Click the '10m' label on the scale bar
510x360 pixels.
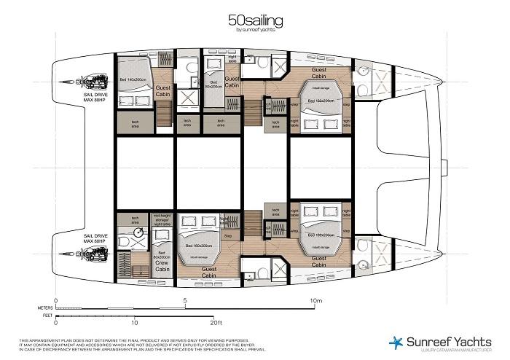pyautogui.click(x=315, y=300)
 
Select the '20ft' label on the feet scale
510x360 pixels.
pyautogui.click(x=216, y=322)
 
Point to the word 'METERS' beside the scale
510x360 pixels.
pyautogui.click(x=45, y=308)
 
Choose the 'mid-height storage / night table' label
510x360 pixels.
pyautogui.click(x=162, y=221)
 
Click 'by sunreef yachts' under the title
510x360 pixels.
pyautogui.click(x=255, y=31)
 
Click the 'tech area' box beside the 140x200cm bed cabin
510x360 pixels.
pyautogui.click(x=136, y=123)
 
